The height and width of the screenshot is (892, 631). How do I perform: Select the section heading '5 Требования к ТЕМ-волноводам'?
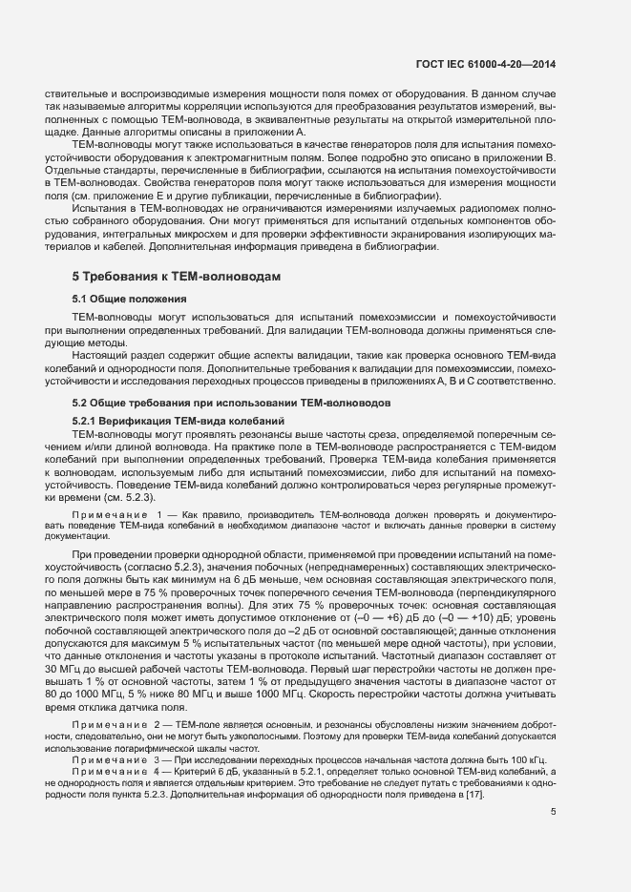point(177,276)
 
